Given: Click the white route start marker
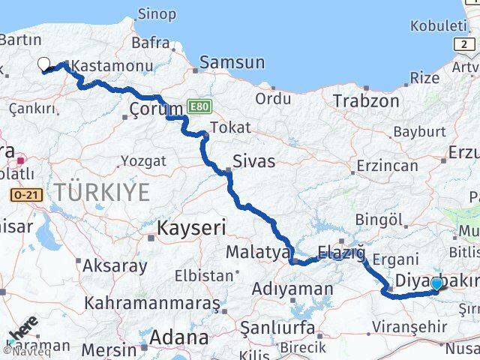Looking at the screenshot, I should pyautogui.click(x=43, y=64).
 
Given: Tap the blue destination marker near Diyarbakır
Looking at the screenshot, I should pyautogui.click(x=436, y=283).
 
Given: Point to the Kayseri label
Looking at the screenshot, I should pyautogui.click(x=191, y=226).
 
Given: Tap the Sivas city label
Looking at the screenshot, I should pyautogui.click(x=253, y=161).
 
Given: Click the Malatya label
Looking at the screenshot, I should pyautogui.click(x=256, y=252).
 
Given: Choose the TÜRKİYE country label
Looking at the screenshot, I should pyautogui.click(x=101, y=193).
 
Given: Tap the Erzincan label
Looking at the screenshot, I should pyautogui.click(x=386, y=165).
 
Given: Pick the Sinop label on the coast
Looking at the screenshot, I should pyautogui.click(x=157, y=13).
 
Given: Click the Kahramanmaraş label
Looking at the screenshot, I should pyautogui.click(x=152, y=303).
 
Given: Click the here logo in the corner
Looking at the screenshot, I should pyautogui.click(x=23, y=330).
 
